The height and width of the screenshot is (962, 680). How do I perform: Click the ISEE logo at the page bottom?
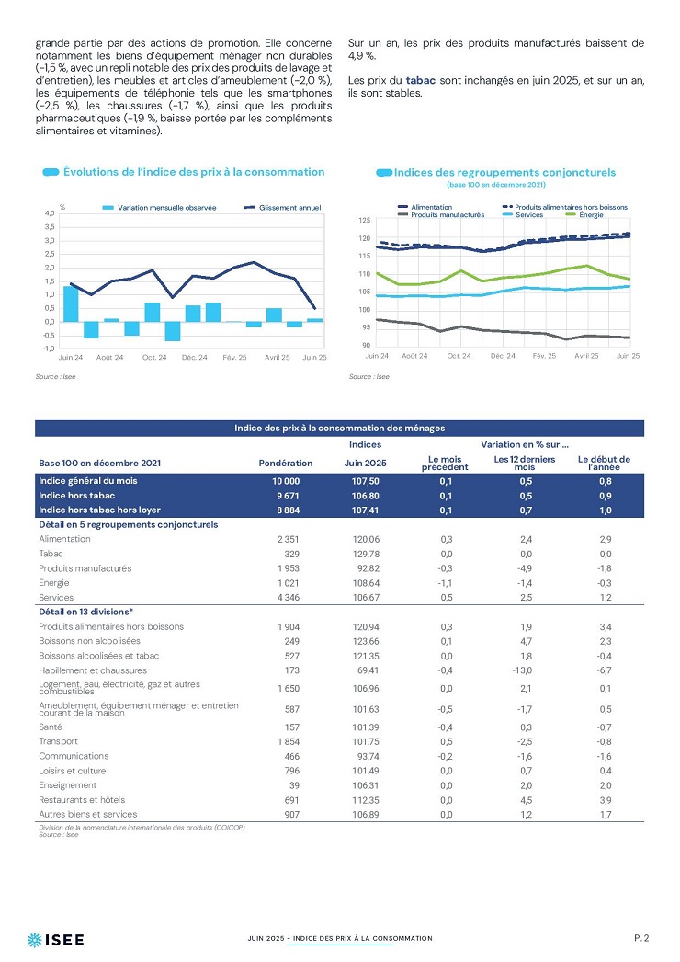(56, 939)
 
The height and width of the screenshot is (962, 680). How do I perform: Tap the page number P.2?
(641, 938)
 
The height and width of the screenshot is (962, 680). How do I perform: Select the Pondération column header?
(286, 464)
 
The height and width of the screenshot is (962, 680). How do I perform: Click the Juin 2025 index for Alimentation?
(366, 539)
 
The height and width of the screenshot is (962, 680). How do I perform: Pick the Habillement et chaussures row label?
(93, 670)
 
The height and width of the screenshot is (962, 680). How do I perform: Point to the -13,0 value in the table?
(525, 670)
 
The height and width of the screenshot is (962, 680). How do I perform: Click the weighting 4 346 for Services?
(289, 598)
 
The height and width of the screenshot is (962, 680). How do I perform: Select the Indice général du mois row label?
(87, 481)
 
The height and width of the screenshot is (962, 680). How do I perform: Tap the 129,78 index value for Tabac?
(366, 554)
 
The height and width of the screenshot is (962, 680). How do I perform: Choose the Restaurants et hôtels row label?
(82, 800)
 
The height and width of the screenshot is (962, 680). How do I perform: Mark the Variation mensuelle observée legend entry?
(159, 207)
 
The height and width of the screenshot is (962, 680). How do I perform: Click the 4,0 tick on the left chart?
(50, 212)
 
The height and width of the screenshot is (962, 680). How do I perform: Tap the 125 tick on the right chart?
(364, 220)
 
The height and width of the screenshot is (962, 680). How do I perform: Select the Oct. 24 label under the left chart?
(154, 357)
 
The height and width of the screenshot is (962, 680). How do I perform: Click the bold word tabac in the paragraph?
(421, 80)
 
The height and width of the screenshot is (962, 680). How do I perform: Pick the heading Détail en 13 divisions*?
(85, 612)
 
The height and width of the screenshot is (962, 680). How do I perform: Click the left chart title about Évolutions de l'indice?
(194, 172)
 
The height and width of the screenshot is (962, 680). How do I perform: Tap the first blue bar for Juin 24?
(71, 303)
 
